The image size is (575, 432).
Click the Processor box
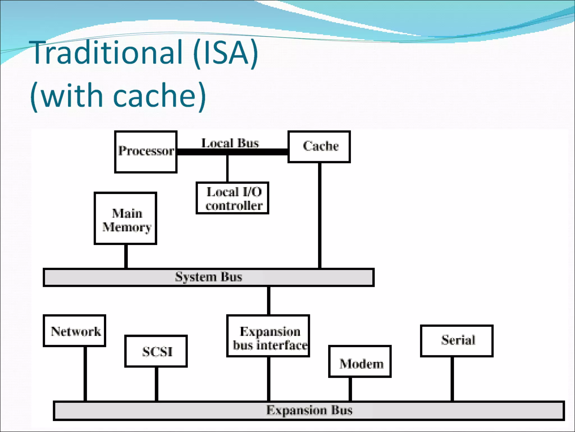[146, 152]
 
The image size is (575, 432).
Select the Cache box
[319, 147]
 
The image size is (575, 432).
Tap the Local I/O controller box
[232, 198]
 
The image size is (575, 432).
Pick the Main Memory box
[125, 218]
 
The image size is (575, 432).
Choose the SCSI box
[156, 351]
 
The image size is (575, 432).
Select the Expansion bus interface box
[268, 336]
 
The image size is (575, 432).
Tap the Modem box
[360, 361]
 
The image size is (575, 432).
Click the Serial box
[457, 341]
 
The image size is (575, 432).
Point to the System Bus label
[209, 277]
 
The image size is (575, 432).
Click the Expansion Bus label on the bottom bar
[309, 410]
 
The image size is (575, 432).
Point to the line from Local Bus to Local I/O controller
[227, 168]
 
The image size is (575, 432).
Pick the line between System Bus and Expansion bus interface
[269, 300]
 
